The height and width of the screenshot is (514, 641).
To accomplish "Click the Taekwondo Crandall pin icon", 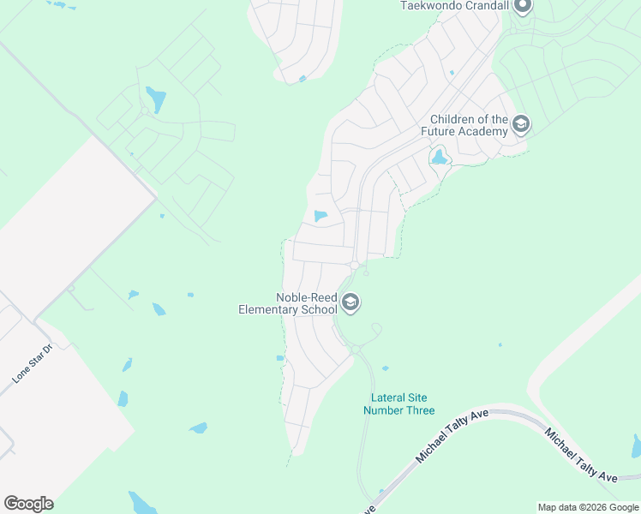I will (521, 6).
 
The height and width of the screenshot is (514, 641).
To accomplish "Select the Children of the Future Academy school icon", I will (520, 126).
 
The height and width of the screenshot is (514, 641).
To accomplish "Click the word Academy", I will (483, 132).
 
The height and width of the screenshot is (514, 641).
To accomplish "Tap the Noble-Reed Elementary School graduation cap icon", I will (350, 302).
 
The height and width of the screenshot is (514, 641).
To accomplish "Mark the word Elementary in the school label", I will (269, 308).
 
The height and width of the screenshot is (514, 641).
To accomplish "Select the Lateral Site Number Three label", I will (399, 403).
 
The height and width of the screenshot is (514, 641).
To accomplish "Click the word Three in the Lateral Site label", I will (419, 410).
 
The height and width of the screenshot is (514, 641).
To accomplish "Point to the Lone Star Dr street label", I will (32, 363).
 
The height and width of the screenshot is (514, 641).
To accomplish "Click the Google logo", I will (28, 504).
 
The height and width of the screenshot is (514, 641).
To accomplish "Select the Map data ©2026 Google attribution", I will (588, 507).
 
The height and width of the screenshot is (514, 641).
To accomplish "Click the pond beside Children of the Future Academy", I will (439, 158).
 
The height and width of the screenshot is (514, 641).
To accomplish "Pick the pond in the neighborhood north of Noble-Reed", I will (320, 216).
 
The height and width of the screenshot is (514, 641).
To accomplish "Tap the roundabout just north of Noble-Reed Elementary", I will (354, 266).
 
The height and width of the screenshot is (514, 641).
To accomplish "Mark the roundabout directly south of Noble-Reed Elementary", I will (355, 350).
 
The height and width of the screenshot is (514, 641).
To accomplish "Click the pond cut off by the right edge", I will (636, 445).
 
